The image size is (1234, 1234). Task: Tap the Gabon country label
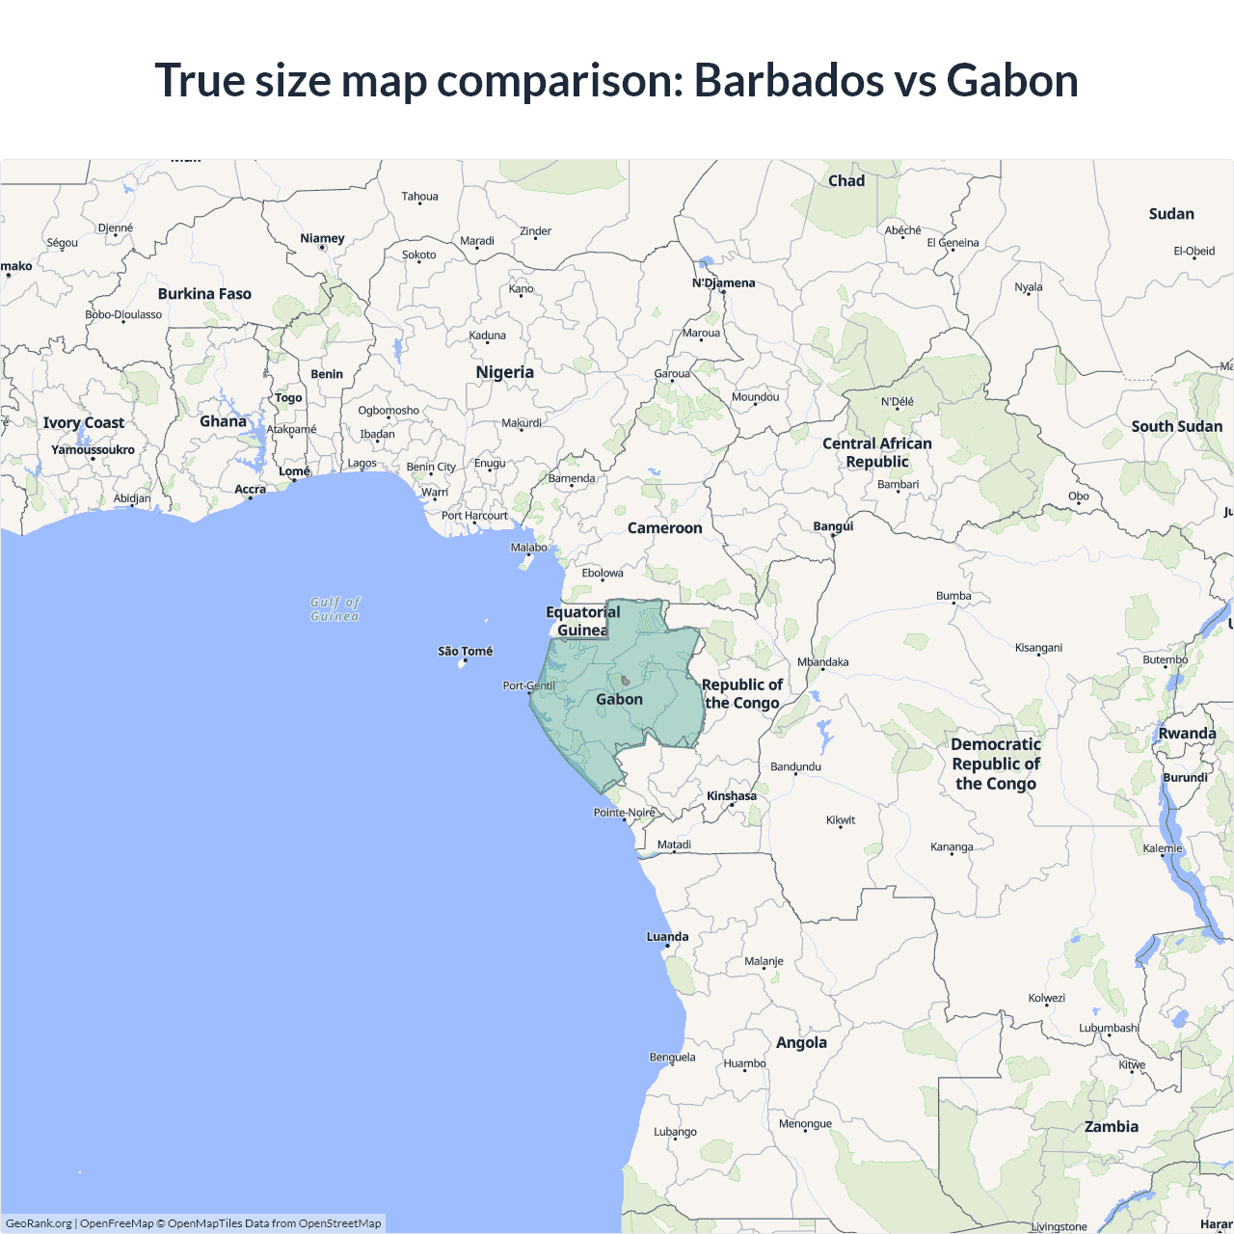[619, 699]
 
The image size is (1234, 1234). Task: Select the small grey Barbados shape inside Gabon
[625, 681]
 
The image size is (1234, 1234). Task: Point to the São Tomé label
[465, 651]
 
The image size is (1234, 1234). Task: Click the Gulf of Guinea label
[335, 608]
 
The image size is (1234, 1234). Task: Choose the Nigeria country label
[504, 372]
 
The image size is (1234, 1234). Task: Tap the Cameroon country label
[664, 527]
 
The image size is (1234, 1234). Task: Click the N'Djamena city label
[723, 282]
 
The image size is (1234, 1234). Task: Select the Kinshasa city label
[732, 795]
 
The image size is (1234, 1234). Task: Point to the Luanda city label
[667, 936]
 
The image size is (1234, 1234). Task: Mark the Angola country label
[801, 1042]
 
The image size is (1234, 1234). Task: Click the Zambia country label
[1111, 1126]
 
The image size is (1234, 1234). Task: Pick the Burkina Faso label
[204, 293]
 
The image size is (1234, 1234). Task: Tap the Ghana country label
[223, 420]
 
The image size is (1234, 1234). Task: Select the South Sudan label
[1176, 426]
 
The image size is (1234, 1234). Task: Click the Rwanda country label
[1187, 733]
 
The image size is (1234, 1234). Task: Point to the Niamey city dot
[322, 248]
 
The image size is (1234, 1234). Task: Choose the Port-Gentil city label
[528, 685]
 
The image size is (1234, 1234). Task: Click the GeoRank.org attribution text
[39, 1223]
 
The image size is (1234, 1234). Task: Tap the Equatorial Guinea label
[582, 621]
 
